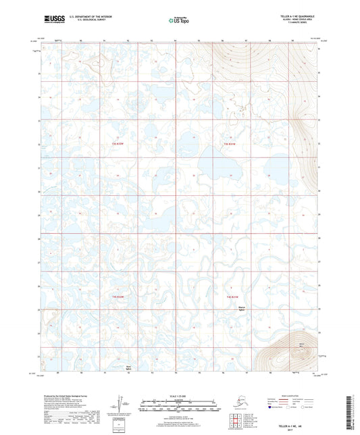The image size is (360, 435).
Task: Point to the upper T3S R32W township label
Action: tap(118, 143)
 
